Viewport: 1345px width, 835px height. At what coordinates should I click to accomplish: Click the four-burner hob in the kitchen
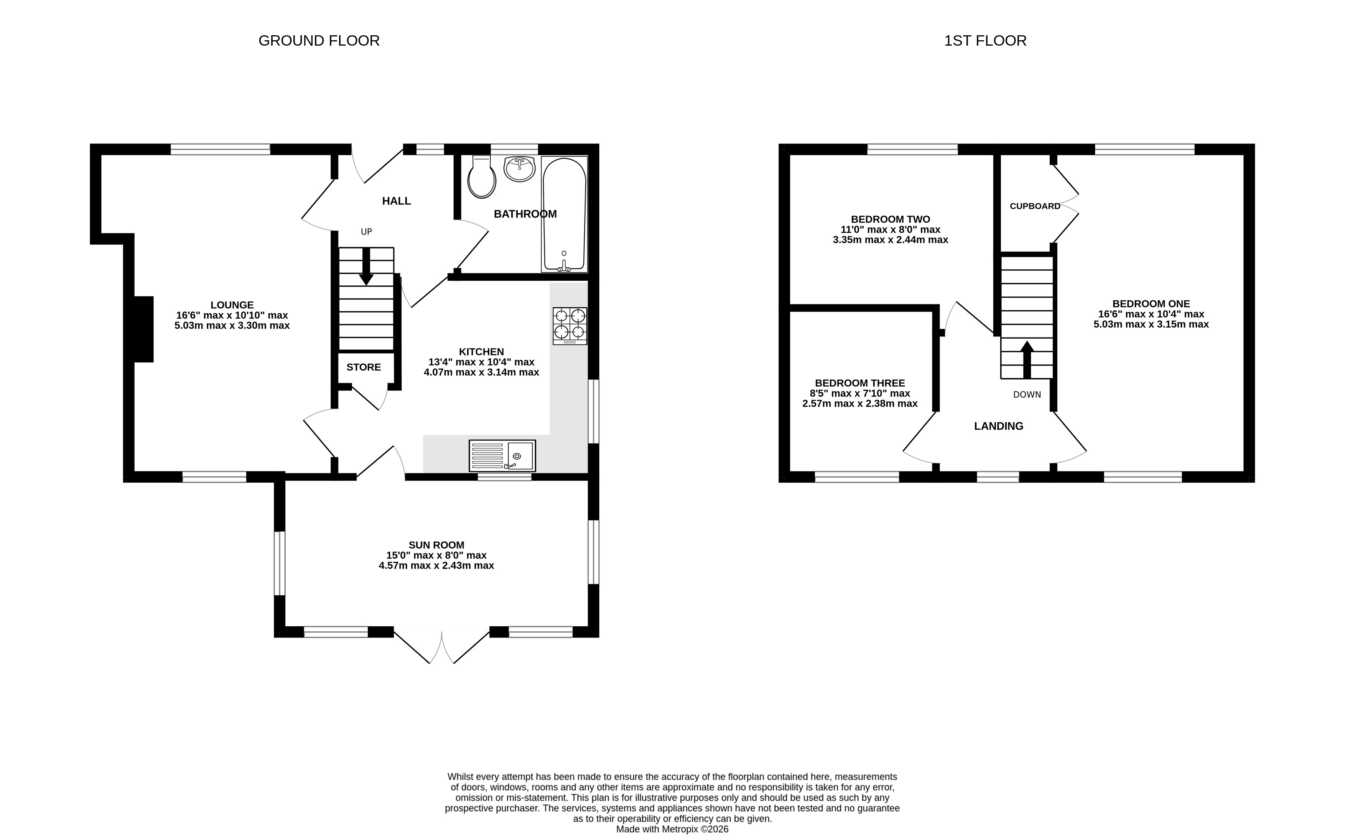tap(570, 326)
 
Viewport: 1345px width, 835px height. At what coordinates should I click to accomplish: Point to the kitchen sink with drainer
tap(502, 456)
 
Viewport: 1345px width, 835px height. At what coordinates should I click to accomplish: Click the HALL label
tap(397, 201)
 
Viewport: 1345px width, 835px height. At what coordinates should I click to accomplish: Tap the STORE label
tap(364, 367)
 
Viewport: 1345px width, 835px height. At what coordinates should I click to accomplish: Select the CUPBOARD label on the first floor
tap(1035, 206)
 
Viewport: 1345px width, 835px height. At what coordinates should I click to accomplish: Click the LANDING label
tap(998, 427)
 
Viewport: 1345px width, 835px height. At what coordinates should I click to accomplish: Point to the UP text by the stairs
tap(367, 232)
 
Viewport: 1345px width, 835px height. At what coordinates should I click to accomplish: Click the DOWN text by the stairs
tap(1027, 395)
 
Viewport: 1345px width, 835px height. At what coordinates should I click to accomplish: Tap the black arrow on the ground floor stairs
tap(365, 267)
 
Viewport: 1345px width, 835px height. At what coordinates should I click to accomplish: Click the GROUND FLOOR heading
tap(319, 41)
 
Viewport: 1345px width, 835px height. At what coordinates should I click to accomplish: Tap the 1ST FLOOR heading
tap(985, 41)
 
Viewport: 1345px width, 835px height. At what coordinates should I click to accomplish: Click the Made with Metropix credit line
tap(672, 830)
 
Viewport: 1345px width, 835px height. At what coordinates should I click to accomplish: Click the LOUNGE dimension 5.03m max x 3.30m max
tap(232, 326)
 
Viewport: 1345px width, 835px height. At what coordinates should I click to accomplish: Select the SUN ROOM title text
tap(436, 545)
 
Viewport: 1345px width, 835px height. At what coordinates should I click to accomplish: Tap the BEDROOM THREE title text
tap(860, 383)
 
